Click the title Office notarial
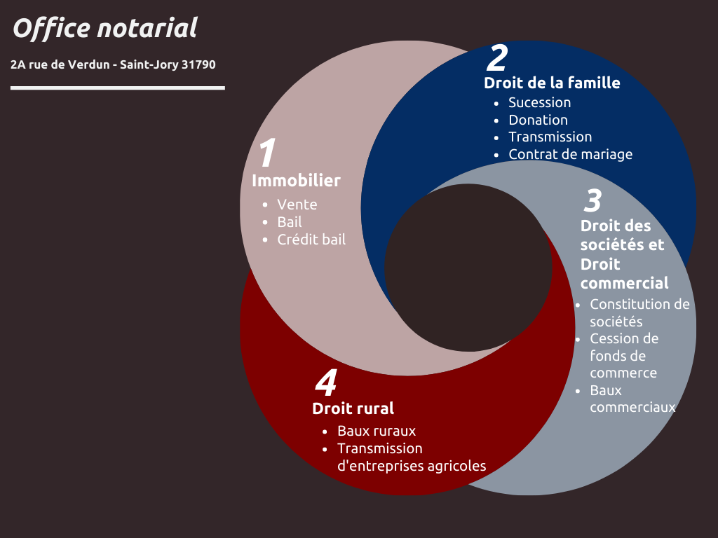[105, 28]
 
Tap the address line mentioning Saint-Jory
[113, 64]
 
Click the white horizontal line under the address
[118, 88]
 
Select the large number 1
[267, 152]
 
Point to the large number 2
[497, 57]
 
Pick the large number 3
[592, 200]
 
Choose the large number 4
[326, 382]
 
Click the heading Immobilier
[297, 181]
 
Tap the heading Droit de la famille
[553, 83]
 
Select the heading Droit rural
[353, 408]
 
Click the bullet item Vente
[297, 205]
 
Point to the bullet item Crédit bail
[311, 240]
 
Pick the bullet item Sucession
[540, 102]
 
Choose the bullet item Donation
[538, 120]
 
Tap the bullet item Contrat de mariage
[571, 155]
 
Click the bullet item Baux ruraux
[377, 431]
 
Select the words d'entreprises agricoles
[412, 466]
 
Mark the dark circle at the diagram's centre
[468, 268]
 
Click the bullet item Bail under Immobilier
[290, 222]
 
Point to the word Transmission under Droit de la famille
[550, 137]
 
